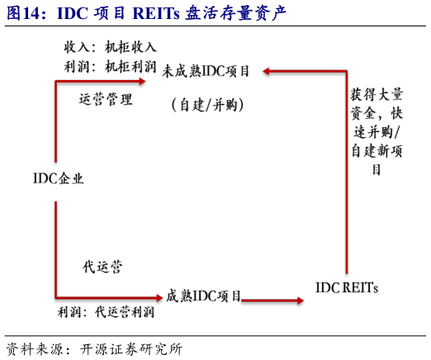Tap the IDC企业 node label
(x=59, y=178)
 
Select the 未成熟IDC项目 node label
(x=206, y=72)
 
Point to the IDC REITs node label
(x=347, y=288)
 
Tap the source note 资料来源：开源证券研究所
(x=93, y=348)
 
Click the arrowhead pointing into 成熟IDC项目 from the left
(x=157, y=296)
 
